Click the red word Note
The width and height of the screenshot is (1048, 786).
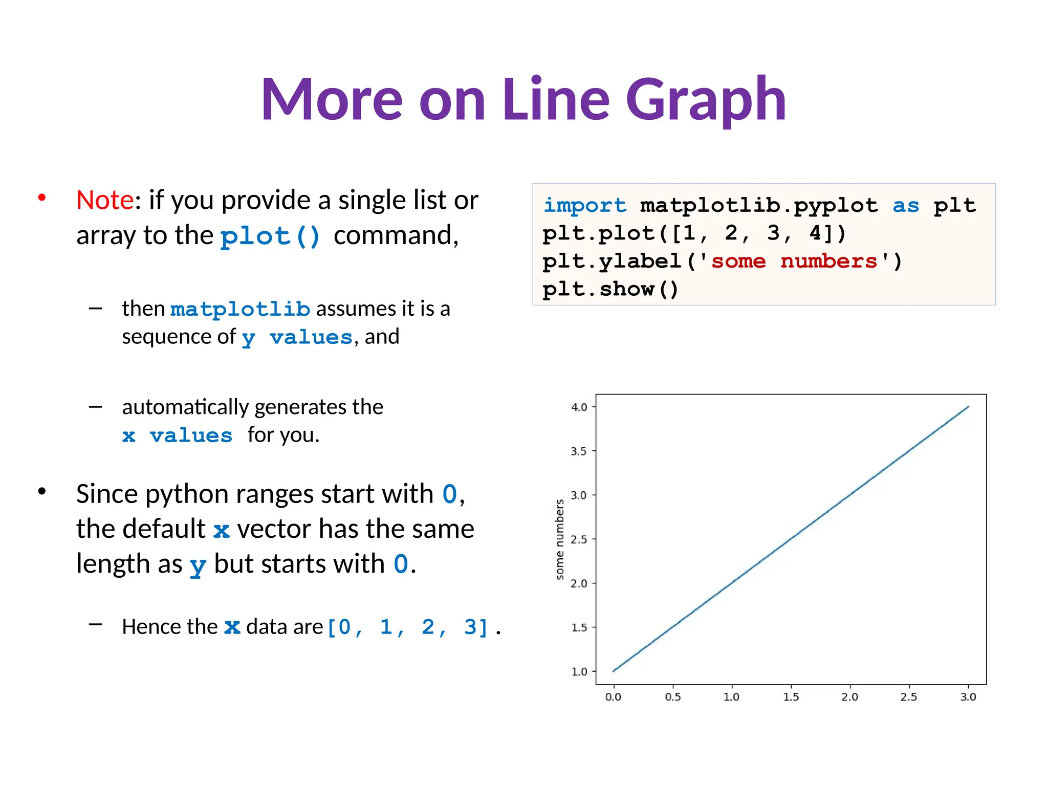pyautogui.click(x=105, y=200)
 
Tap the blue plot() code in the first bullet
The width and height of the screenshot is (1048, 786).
pyautogui.click(x=270, y=236)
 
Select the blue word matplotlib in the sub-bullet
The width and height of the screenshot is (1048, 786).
pyautogui.click(x=240, y=309)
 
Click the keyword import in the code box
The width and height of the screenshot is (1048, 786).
pyautogui.click(x=584, y=205)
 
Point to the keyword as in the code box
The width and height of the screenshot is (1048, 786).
pyautogui.click(x=906, y=205)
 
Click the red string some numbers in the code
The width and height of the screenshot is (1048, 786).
pyautogui.click(x=794, y=261)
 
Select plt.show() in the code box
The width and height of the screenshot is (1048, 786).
pyautogui.click(x=610, y=289)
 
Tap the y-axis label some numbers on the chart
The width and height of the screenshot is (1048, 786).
pyautogui.click(x=560, y=539)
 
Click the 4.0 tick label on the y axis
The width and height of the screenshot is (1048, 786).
pyautogui.click(x=579, y=407)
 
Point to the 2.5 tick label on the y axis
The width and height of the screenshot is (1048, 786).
pyautogui.click(x=579, y=539)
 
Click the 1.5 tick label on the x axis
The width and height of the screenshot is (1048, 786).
pyautogui.click(x=791, y=697)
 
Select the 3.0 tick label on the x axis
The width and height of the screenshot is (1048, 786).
pyautogui.click(x=968, y=697)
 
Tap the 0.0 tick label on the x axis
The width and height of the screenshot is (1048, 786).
pyautogui.click(x=613, y=697)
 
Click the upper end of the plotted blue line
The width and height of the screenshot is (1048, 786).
pyautogui.click(x=968, y=407)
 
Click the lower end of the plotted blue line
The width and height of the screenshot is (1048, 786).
pyautogui.click(x=614, y=670)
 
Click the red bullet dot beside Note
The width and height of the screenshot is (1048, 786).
pyautogui.click(x=42, y=198)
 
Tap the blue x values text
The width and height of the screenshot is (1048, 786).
pyautogui.click(x=177, y=436)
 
